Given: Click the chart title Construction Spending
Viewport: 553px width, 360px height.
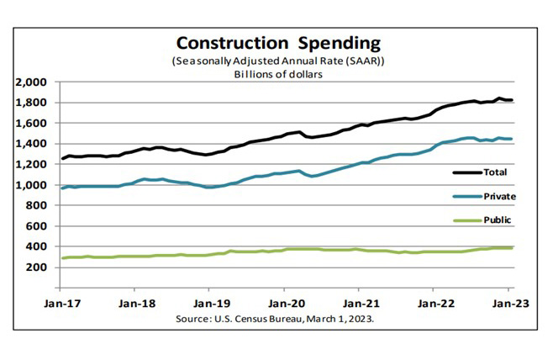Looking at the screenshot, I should [277, 43].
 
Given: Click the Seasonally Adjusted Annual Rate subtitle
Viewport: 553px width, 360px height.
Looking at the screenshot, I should [277, 61].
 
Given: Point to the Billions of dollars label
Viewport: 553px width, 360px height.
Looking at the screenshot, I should [277, 74].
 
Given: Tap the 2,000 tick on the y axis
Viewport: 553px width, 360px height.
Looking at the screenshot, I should [33, 82].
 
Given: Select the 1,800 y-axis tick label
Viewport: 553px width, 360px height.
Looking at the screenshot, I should [33, 103].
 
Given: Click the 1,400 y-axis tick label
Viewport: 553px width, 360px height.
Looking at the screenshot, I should [33, 144].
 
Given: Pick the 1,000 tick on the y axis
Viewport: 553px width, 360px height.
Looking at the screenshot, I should [33, 185].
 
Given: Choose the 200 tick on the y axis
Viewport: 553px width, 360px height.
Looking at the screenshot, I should [39, 267].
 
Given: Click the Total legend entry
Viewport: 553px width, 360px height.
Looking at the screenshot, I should [495, 172].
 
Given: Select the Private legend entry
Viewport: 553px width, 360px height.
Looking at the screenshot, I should [498, 195].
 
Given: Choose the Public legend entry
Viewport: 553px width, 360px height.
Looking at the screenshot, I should [497, 220].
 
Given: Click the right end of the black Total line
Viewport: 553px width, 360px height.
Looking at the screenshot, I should [513, 101].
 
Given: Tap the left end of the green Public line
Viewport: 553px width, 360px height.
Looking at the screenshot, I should [61, 258].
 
